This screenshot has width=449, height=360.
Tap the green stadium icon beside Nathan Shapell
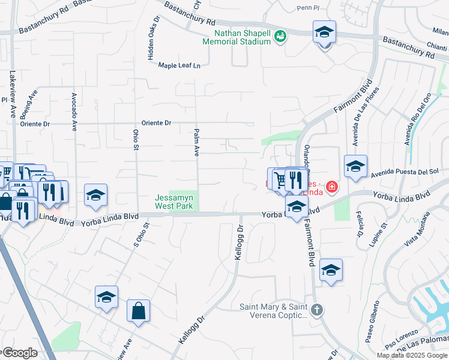point(280,37)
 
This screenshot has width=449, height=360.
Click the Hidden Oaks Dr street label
point(150,37)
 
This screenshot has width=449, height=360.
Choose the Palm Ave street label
point(196,142)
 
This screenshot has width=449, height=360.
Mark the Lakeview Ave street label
point(13,94)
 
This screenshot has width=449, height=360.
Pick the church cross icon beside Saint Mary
point(318,310)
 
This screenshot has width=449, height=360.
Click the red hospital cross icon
point(330,188)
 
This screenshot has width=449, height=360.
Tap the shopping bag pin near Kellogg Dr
point(138,311)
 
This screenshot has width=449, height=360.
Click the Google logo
point(19,353)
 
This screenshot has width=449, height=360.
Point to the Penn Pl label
point(310,8)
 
